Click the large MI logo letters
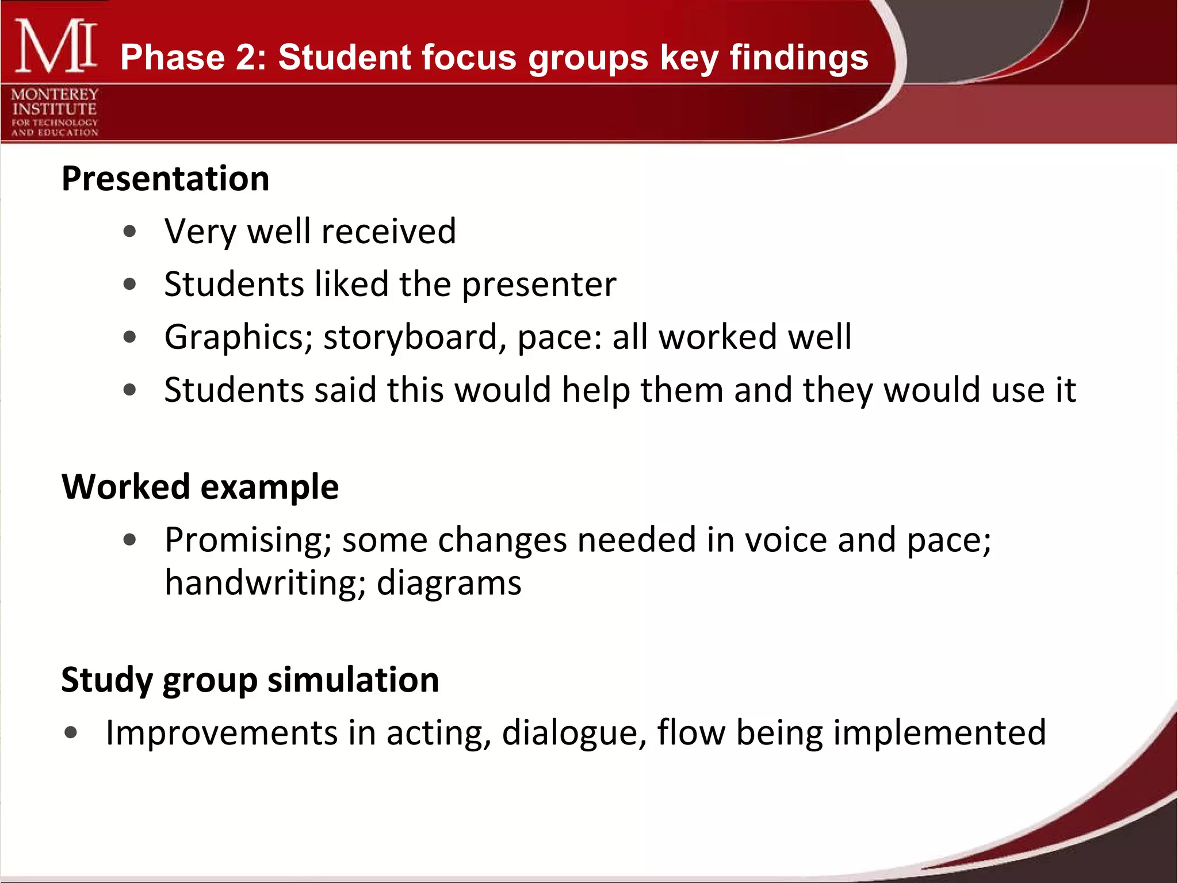(55, 46)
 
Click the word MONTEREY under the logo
(55, 94)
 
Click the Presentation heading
(166, 178)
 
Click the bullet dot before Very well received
(130, 232)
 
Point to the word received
(388, 231)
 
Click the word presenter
(539, 285)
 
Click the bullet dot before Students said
(130, 390)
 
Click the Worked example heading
(200, 487)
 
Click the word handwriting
(265, 583)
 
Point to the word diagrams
(449, 583)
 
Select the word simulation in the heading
(353, 680)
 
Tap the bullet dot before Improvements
(71, 733)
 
